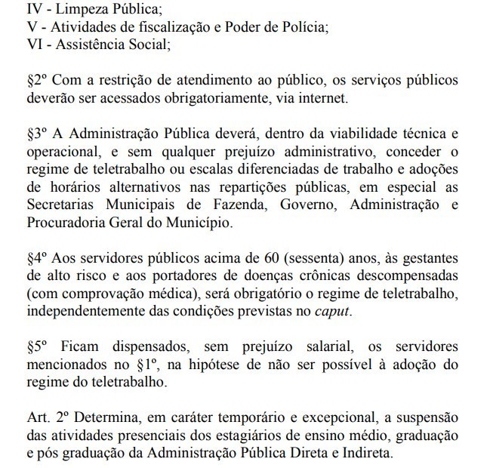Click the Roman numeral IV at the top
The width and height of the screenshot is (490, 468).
[14, 8]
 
